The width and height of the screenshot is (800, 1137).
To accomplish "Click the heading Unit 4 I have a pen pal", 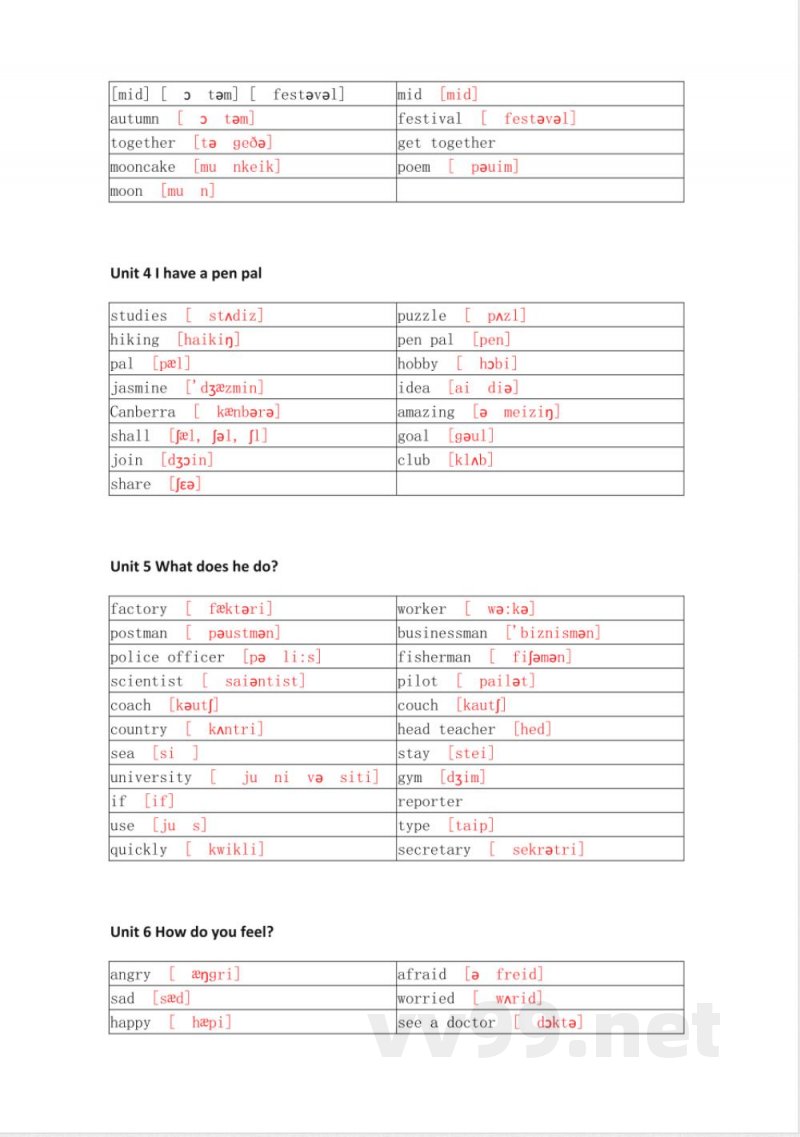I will point(186,273).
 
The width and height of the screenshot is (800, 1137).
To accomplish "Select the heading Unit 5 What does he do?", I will point(194,566).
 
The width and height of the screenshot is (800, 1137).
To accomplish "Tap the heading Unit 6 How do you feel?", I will point(192,931).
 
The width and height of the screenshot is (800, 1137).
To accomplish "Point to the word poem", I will point(414,167).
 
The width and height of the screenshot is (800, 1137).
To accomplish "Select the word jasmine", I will point(139,388).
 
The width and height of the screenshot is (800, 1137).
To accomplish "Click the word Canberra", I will point(143,412).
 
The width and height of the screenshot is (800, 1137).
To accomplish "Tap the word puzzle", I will point(422,316).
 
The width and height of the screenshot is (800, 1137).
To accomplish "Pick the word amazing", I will point(426,412).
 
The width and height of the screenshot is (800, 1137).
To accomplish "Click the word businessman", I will point(443,633).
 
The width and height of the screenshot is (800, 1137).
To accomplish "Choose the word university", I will point(151,777).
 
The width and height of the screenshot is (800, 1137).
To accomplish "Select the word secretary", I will point(434,850).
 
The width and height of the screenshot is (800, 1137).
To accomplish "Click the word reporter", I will point(430,802).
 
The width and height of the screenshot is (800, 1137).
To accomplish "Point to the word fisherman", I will point(434,657).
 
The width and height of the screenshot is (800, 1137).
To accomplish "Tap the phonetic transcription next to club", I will point(471,460).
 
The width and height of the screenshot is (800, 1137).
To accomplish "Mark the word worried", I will point(426,998).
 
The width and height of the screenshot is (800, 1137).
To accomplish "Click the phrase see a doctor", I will point(446,1022).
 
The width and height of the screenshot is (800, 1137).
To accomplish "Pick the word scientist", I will point(147,681).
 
